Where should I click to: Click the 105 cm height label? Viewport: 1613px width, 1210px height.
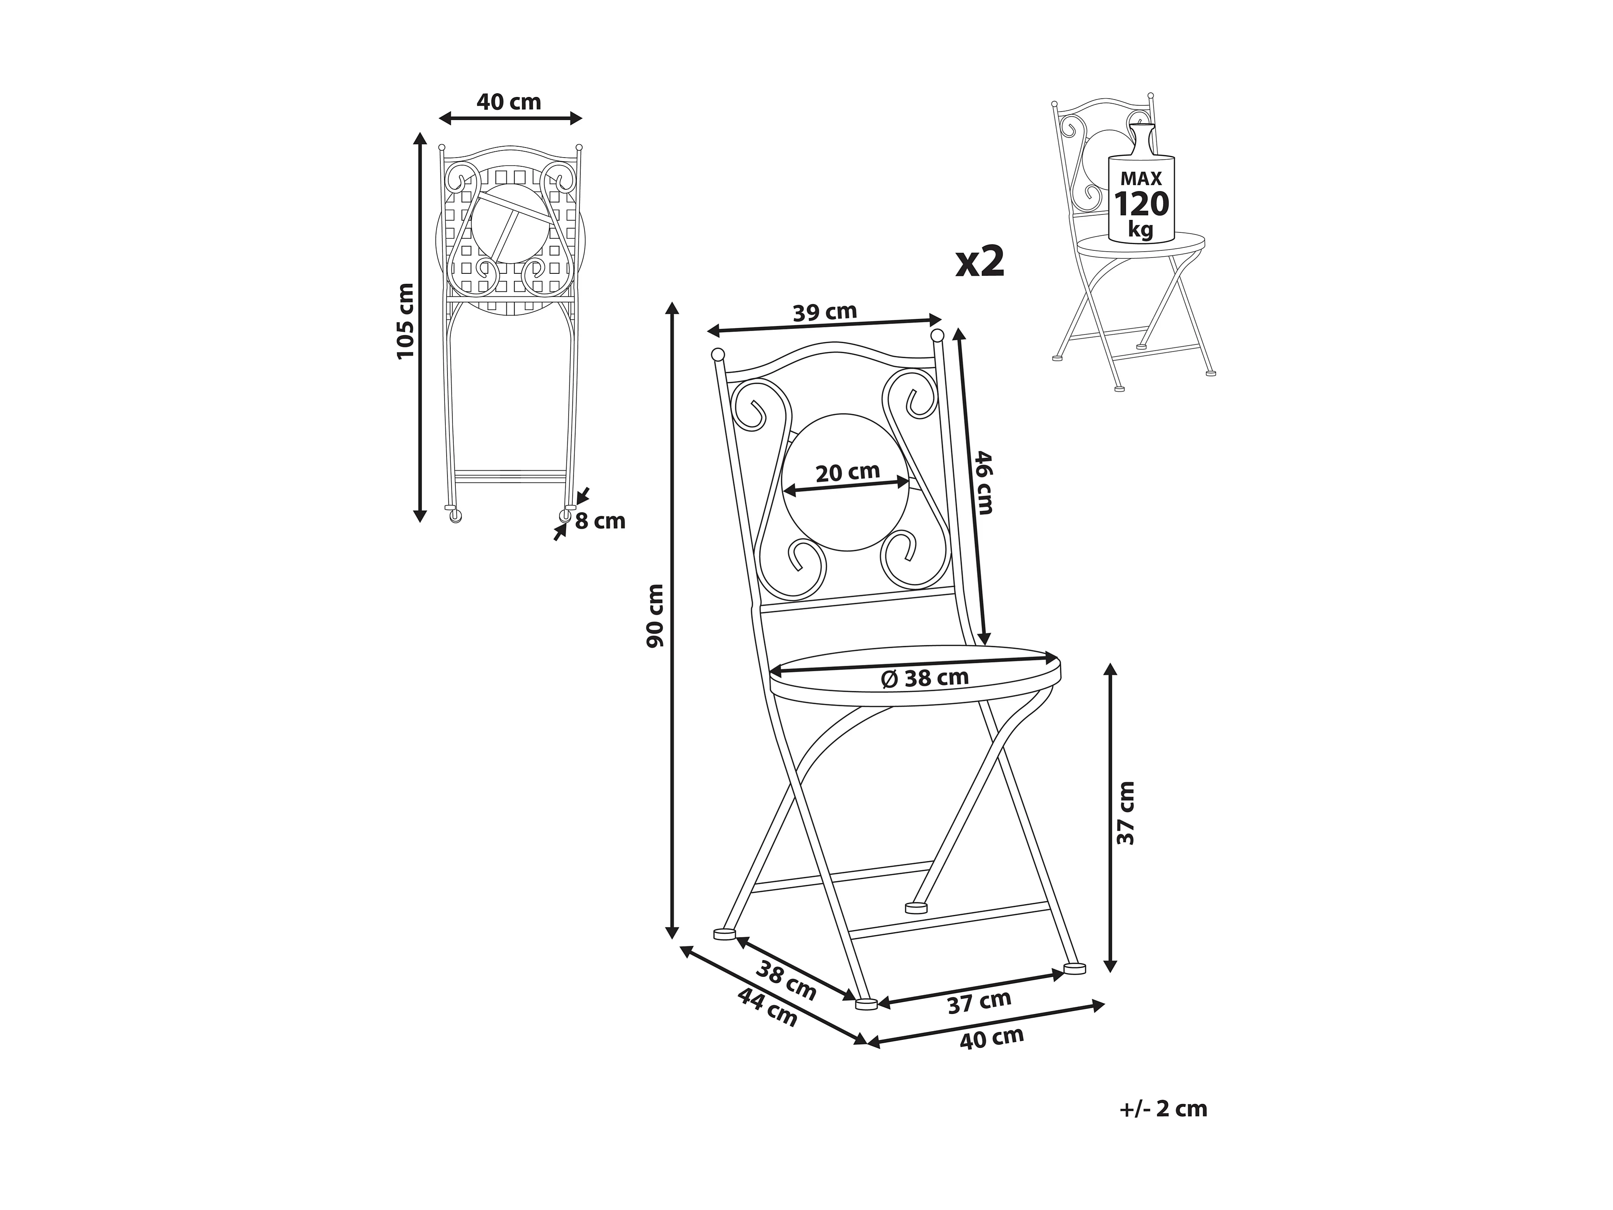coord(405,321)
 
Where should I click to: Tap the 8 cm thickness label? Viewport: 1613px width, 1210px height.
coord(600,522)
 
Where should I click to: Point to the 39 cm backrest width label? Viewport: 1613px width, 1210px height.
coord(825,312)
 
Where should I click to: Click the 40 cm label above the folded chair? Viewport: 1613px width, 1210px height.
coord(509,102)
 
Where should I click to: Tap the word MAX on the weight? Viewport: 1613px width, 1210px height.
coord(1141,179)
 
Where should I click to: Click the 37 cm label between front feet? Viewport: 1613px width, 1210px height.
coord(979,1002)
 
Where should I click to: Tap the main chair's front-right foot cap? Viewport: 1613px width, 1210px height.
coord(1075,968)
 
